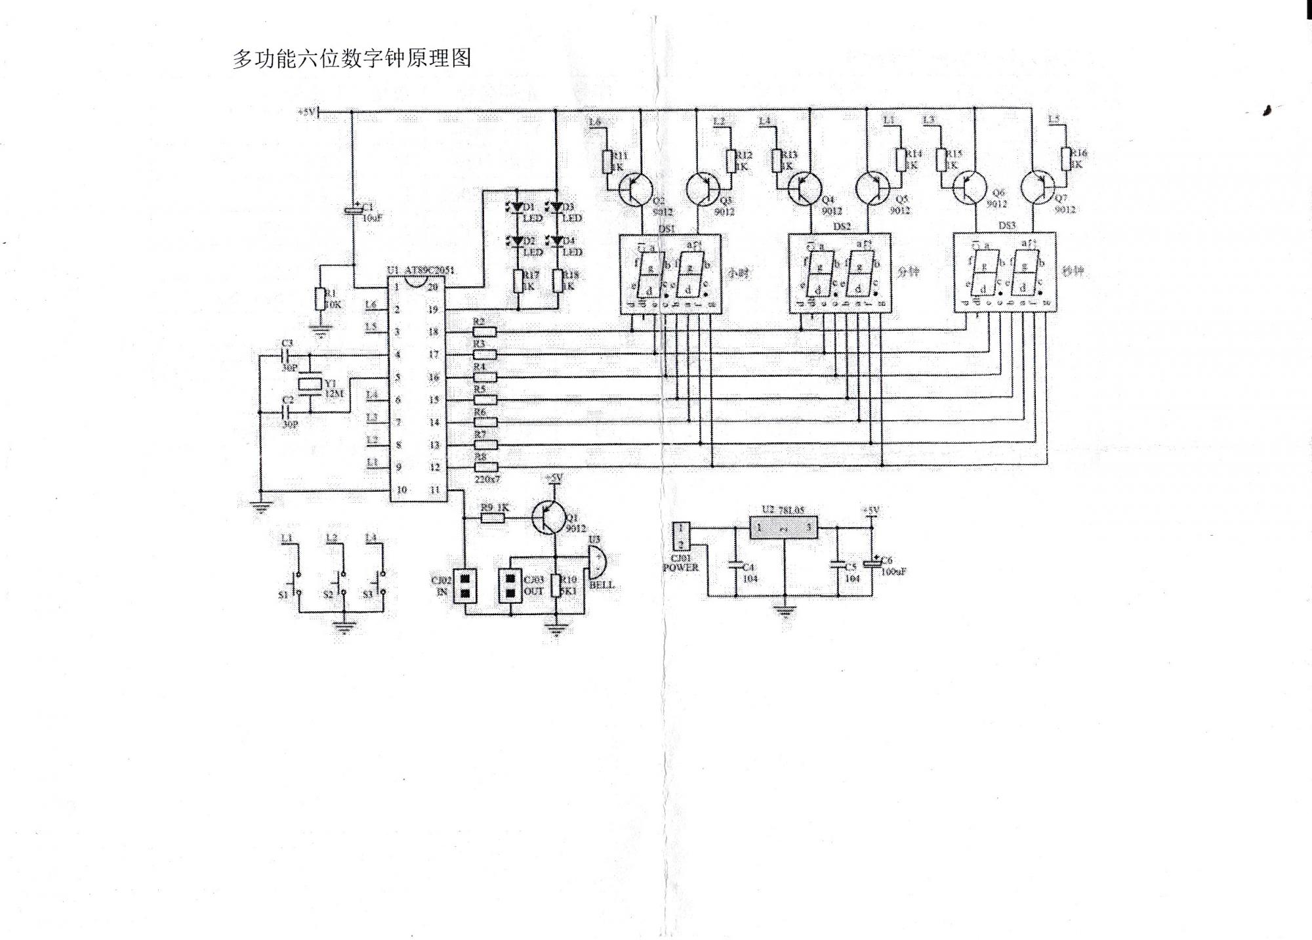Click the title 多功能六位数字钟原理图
coord(352,58)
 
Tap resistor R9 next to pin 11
coord(493,517)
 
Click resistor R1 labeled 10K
coord(319,299)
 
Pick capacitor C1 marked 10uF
coord(352,209)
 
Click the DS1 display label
coord(666,228)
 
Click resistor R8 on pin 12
coord(485,467)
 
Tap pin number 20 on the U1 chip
coord(433,287)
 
